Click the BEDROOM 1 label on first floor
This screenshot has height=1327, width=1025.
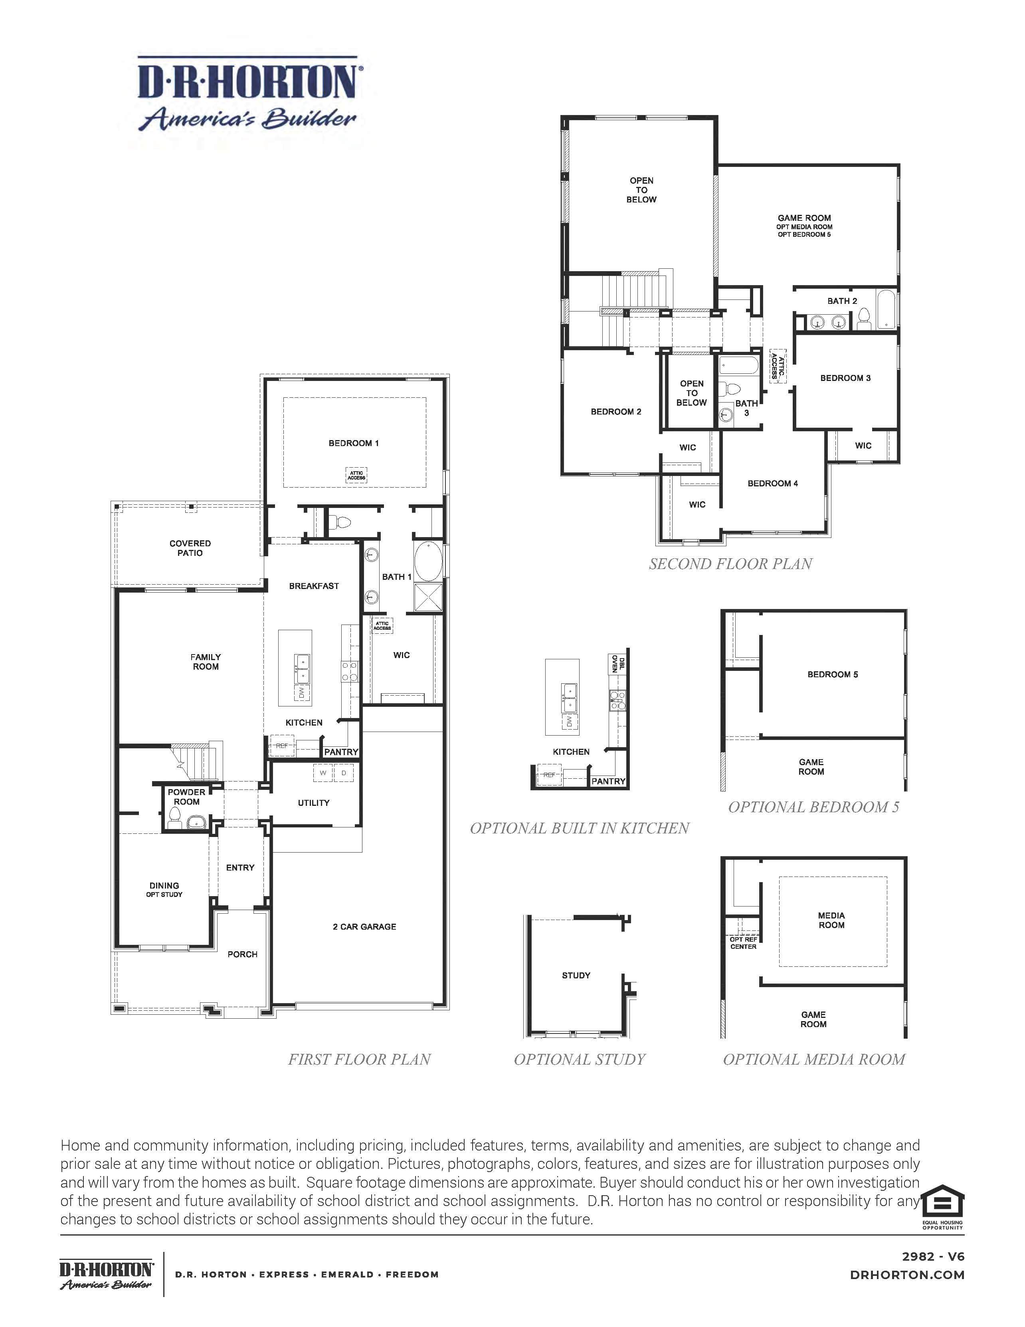[x=353, y=443]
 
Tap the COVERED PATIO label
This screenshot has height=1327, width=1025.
[x=190, y=548]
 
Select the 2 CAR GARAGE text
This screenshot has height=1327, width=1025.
[x=364, y=926]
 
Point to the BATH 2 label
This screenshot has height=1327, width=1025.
[x=842, y=301]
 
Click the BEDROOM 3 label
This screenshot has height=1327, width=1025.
[x=845, y=378]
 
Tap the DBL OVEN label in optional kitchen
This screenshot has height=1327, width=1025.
[x=617, y=663]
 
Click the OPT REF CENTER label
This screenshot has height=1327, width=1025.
[x=743, y=943]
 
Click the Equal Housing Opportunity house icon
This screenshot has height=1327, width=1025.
[x=942, y=1201]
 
